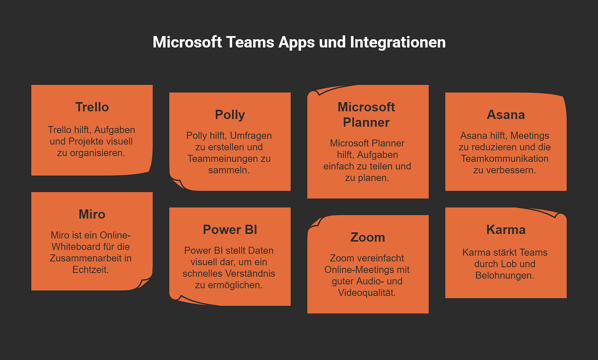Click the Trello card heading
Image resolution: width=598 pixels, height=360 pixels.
point(92,107)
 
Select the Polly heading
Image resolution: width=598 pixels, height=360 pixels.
point(230,115)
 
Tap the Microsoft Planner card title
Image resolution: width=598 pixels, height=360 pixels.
point(366,115)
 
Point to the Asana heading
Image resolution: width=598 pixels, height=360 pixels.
point(506,115)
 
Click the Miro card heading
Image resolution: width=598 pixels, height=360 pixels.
point(92,214)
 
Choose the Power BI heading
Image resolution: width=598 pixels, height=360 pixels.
point(230,229)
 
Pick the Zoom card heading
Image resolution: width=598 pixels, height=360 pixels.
point(368,237)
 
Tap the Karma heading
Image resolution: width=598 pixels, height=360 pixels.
point(506,229)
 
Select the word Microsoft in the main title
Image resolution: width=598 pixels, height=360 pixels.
point(187,42)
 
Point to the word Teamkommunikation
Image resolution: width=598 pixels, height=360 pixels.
point(504,158)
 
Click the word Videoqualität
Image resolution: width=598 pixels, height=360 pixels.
point(367,293)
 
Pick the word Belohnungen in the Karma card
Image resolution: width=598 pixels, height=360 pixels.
point(504,275)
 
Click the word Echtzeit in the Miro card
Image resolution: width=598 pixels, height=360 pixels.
point(90,270)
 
